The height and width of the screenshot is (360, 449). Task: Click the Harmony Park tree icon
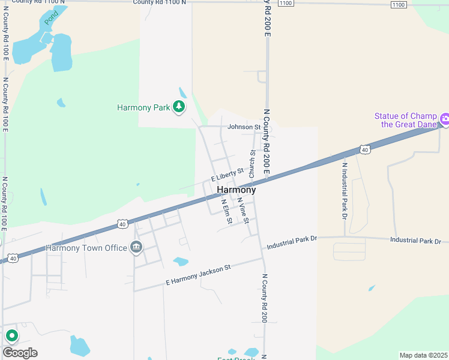point(178,107)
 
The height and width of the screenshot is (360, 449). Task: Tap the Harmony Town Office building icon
point(136,247)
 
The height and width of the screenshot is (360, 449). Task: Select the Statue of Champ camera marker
point(445,119)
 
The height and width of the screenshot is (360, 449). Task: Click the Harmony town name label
point(236,190)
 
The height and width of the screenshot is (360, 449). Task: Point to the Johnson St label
point(244,127)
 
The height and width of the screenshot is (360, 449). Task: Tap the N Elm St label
point(226,211)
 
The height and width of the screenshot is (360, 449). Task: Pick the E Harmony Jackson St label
point(198,275)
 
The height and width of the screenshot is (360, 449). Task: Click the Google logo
point(20,353)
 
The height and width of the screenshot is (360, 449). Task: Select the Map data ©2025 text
point(423,355)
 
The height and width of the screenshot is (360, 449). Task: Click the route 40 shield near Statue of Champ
point(365,148)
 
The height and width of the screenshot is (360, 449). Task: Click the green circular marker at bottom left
point(11,335)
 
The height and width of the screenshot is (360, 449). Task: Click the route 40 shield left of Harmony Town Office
point(13,257)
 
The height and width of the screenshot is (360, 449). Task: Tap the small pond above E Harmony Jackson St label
point(180,262)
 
